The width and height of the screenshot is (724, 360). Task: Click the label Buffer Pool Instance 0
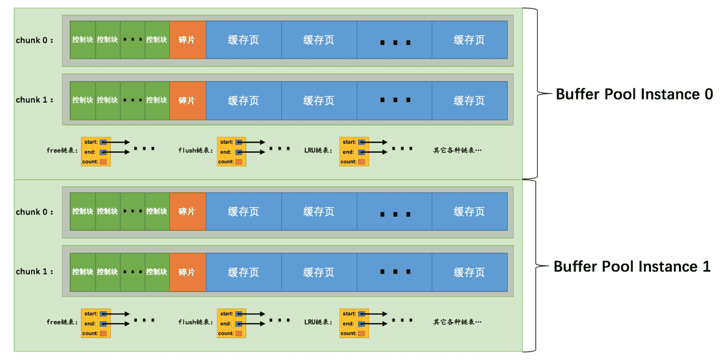[x=634, y=94]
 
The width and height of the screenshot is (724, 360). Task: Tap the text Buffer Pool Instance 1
[x=632, y=266]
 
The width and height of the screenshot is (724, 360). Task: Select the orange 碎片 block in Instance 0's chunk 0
[x=188, y=40]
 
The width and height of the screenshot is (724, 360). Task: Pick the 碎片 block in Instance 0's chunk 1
[x=188, y=100]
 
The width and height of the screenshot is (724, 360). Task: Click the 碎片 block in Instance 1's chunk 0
[x=188, y=212]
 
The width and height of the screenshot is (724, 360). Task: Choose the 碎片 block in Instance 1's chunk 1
[x=188, y=272]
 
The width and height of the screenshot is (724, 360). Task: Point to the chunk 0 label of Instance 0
[x=35, y=40]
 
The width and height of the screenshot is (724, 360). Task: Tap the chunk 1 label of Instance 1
[x=35, y=272]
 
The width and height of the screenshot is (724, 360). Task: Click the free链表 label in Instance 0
[x=63, y=150]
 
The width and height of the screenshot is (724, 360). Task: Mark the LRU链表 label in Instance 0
[x=319, y=150]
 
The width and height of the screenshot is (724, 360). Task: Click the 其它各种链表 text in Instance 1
[x=458, y=322]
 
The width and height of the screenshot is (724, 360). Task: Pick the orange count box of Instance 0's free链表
[x=104, y=162]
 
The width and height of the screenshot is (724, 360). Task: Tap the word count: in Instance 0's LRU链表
[x=349, y=162]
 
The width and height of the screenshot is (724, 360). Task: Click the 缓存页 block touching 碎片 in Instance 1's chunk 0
[x=244, y=212]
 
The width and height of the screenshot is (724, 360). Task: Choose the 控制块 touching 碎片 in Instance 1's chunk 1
[x=157, y=272]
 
